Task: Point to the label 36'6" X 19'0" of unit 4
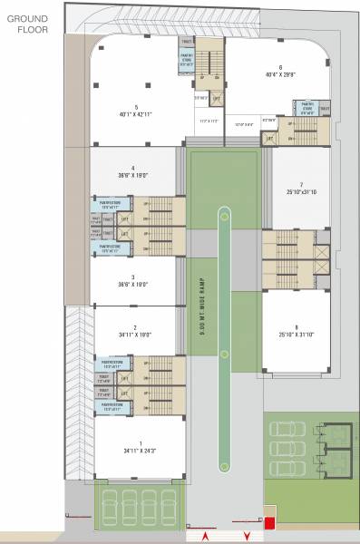[132, 173]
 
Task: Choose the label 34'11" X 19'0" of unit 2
[134, 333]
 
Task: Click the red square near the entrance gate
[268, 522]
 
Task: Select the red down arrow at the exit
[245, 535]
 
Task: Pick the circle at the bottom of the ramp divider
[223, 465]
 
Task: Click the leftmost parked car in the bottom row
[111, 500]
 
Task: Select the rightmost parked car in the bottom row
[168, 500]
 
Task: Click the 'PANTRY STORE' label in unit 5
[187, 62]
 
